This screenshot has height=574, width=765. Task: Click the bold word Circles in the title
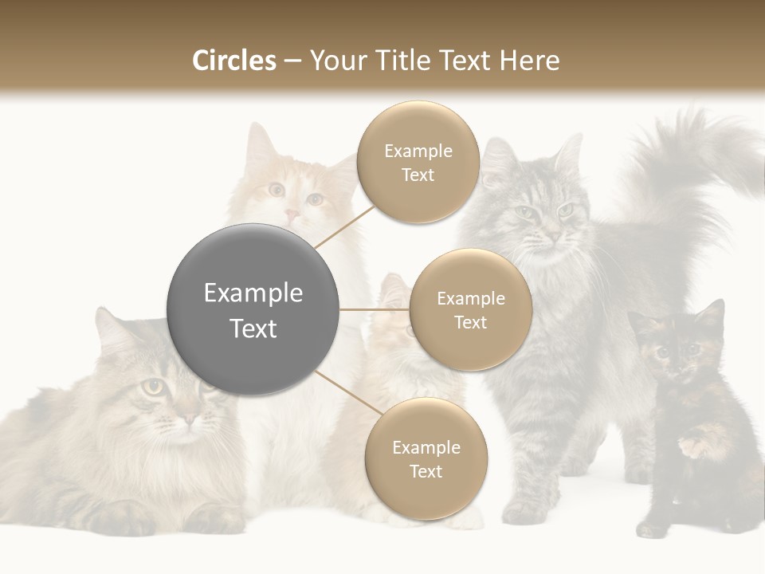click(x=233, y=61)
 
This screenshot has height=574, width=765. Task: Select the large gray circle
click(x=253, y=309)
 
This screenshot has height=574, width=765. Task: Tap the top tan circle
click(x=418, y=163)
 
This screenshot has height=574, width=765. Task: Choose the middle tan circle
click(x=470, y=309)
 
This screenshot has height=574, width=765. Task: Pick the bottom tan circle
click(x=426, y=459)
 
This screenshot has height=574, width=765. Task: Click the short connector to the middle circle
click(x=375, y=309)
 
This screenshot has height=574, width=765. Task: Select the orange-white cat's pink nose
click(x=292, y=214)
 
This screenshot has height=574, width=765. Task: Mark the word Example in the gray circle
click(x=253, y=293)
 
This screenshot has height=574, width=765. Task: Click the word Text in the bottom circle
click(x=426, y=471)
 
